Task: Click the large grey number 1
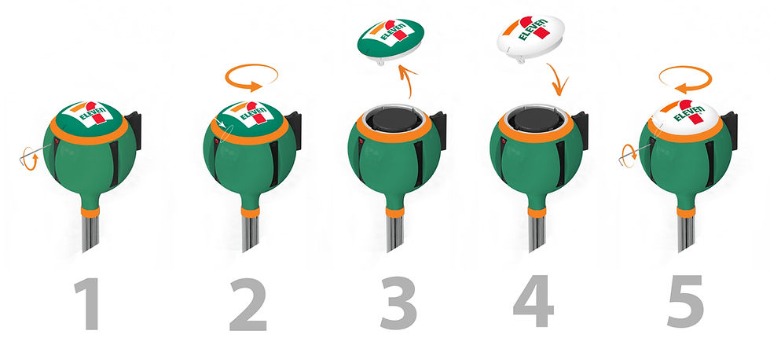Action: point(88,303)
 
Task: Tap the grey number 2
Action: point(248,304)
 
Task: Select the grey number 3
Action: point(398,303)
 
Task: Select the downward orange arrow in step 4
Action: point(558,79)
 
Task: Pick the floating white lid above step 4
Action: point(531,36)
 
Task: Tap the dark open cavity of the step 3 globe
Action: point(394,119)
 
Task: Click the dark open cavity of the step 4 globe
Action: point(536,119)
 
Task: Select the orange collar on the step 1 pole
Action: point(90,211)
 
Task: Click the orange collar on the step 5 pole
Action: point(686,211)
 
